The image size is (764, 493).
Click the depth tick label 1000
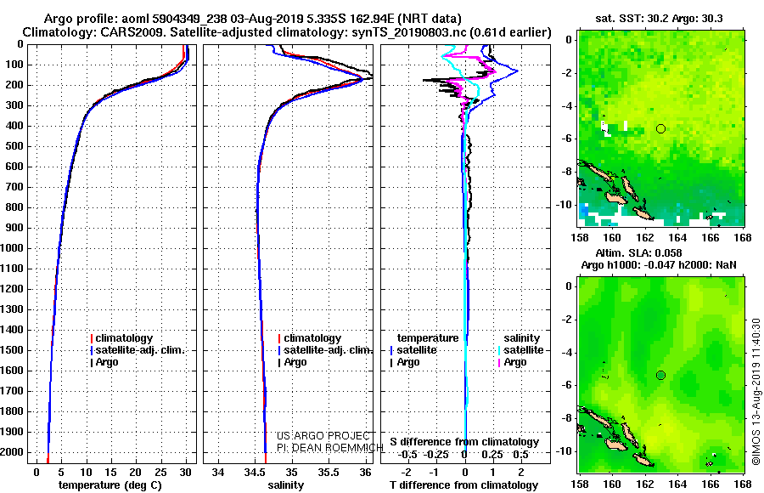[14, 248]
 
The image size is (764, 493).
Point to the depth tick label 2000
[14, 452]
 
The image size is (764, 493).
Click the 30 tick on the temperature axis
[185, 471]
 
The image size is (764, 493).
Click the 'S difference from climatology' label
[464, 442]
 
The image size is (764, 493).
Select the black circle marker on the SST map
[660, 128]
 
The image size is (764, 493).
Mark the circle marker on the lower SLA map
[660, 375]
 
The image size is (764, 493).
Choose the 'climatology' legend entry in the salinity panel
[312, 338]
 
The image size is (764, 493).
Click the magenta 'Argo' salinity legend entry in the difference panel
[514, 362]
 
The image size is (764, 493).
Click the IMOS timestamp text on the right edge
[756, 391]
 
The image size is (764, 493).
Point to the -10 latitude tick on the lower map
[566, 450]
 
